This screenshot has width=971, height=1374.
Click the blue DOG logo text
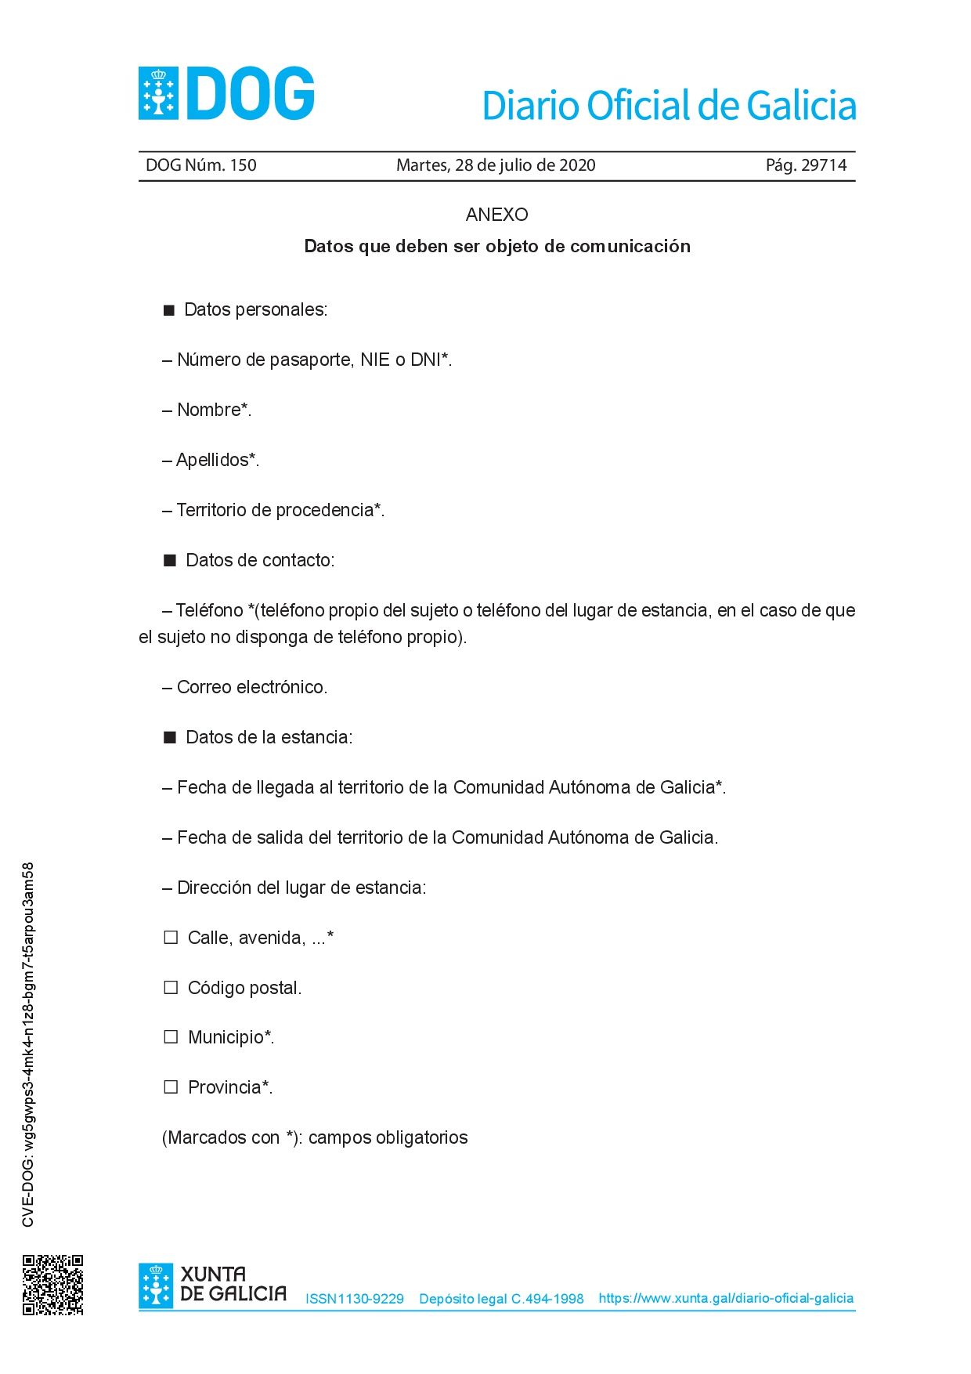(250, 94)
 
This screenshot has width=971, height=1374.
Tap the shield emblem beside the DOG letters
(159, 94)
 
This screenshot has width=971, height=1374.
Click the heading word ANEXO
(496, 215)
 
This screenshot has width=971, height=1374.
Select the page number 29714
(824, 165)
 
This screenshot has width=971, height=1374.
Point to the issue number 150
(243, 165)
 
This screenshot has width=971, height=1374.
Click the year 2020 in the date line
(577, 165)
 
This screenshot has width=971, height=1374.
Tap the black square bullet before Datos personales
(168, 310)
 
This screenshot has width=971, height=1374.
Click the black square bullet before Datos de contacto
(170, 561)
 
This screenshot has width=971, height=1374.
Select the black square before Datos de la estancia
(170, 738)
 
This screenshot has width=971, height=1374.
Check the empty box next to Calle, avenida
(171, 938)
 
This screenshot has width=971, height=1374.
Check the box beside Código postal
(171, 988)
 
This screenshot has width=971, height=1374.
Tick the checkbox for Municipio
(171, 1037)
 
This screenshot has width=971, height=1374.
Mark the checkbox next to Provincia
(171, 1087)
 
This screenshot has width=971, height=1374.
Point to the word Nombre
(209, 410)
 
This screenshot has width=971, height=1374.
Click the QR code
(52, 1285)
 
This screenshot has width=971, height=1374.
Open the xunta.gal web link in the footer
(726, 1298)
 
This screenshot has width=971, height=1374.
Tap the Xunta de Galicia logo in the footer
(212, 1285)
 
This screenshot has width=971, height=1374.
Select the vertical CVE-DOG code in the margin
(28, 1044)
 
